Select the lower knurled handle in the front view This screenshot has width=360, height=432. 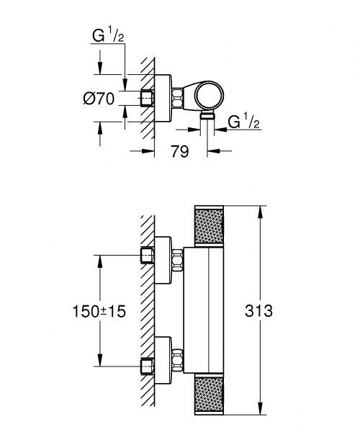pos(210,395)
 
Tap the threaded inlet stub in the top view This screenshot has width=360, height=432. pos(150,97)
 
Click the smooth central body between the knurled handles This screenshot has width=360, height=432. pos(210,310)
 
